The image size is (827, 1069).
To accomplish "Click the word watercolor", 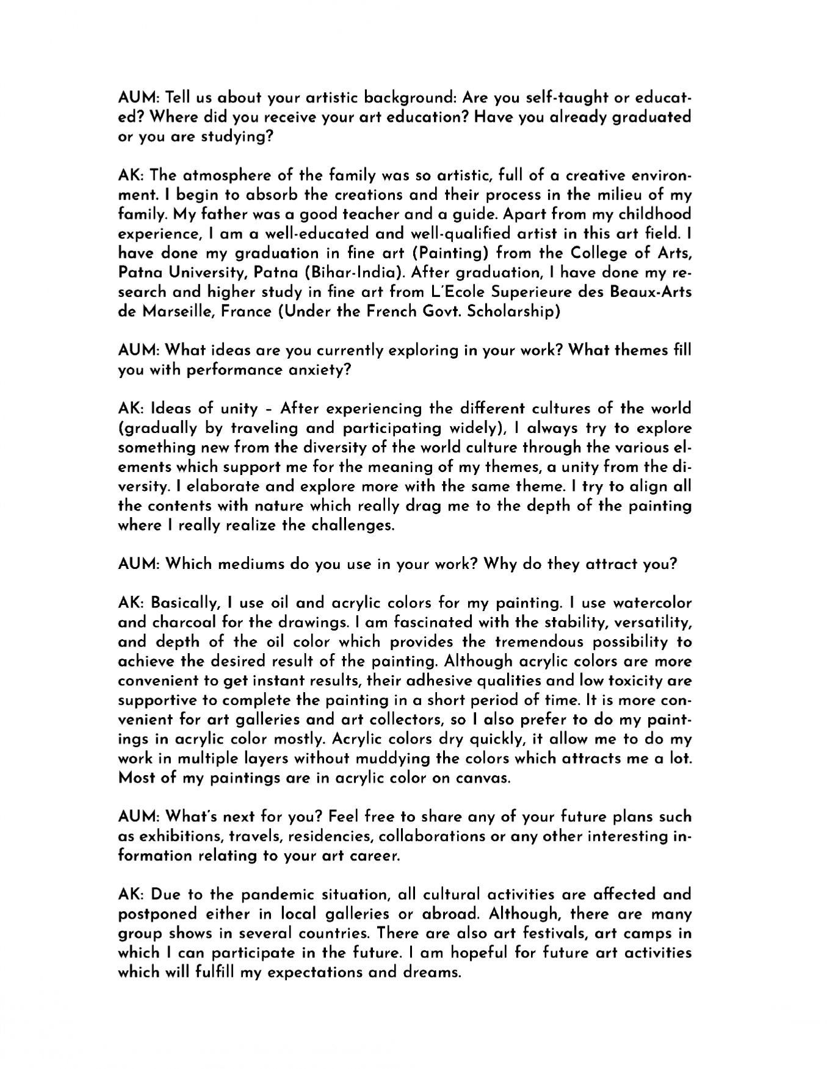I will click(x=652, y=603).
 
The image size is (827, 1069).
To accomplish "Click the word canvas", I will click(x=482, y=778).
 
